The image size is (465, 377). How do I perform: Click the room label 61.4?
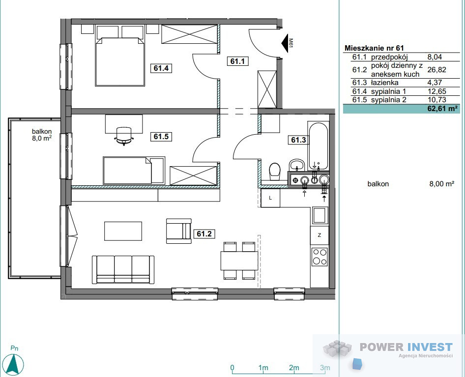(x=161, y=68)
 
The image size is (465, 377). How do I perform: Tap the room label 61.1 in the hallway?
(x=237, y=61)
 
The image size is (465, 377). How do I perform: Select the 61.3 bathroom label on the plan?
(x=298, y=140)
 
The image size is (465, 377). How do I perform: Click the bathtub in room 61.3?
(x=319, y=146)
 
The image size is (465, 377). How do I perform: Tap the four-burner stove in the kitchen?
(x=320, y=257)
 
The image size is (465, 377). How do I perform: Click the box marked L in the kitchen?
(x=270, y=198)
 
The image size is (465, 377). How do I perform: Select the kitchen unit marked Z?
(x=320, y=235)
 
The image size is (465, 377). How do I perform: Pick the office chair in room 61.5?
(x=123, y=136)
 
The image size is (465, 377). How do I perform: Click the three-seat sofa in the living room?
(x=123, y=270)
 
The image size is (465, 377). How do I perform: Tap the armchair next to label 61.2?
(x=179, y=231)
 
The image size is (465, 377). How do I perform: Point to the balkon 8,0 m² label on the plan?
(x=42, y=134)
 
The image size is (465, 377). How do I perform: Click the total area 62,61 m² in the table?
(x=442, y=108)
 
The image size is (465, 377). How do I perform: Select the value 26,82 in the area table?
(x=436, y=69)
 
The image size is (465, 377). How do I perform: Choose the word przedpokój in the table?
(x=389, y=57)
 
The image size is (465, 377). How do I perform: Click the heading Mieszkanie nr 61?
(x=374, y=48)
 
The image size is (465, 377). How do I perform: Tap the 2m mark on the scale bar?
(x=294, y=368)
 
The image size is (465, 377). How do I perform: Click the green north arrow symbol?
(x=15, y=363)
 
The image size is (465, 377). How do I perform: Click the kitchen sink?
(x=319, y=215)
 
